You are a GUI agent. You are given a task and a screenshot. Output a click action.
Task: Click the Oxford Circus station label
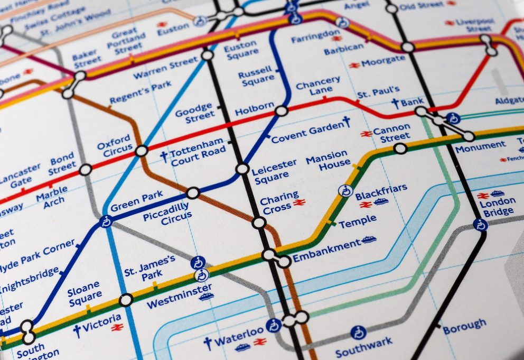(x=114, y=145)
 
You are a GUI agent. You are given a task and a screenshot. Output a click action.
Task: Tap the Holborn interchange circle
(x=282, y=110)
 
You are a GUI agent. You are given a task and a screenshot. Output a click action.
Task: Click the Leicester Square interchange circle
(x=242, y=169)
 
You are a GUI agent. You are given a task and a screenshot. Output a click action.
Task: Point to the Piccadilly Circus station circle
(x=193, y=193)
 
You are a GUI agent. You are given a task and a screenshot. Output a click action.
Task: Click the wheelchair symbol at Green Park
(x=106, y=222)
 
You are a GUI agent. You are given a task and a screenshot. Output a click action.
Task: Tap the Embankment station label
(x=326, y=245)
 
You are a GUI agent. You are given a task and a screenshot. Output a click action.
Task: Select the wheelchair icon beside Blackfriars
(x=345, y=191)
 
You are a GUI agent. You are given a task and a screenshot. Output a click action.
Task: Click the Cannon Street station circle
(x=400, y=149)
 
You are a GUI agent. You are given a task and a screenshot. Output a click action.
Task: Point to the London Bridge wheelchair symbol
(x=480, y=225)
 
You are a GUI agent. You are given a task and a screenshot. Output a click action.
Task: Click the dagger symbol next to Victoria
(x=77, y=331)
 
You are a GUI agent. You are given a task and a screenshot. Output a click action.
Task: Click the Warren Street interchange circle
(x=208, y=55)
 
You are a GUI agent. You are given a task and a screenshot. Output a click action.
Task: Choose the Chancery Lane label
(x=317, y=85)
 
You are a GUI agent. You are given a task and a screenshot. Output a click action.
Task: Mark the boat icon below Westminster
(x=207, y=297)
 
